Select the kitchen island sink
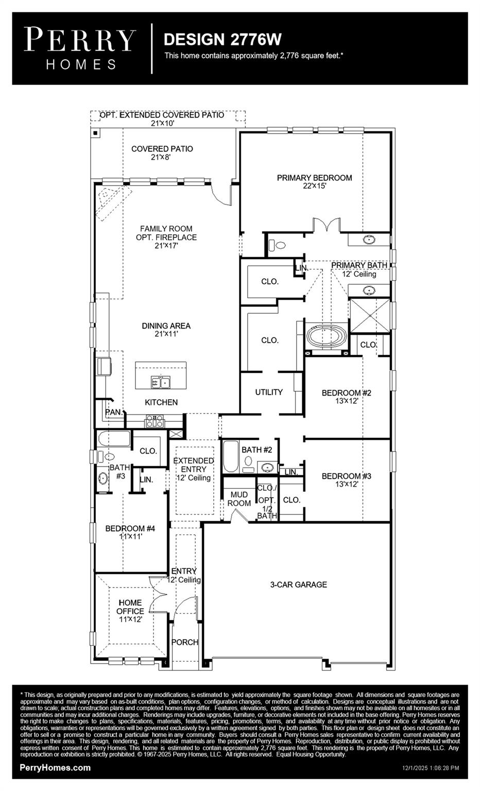[x=160, y=382]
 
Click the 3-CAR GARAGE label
[x=299, y=584]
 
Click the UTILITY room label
[x=269, y=392]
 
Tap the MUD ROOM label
[x=239, y=499]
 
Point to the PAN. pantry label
[x=114, y=412]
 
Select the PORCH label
[x=184, y=642]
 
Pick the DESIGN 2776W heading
[x=222, y=39]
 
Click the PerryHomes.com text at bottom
[x=55, y=768]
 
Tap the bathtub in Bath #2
[x=231, y=456]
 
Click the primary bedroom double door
[x=326, y=225]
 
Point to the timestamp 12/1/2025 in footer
[x=431, y=768]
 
